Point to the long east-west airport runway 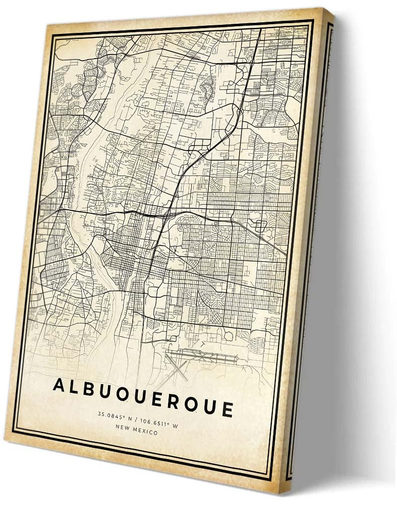[x=202, y=355]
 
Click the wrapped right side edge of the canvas [x=313, y=253]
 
